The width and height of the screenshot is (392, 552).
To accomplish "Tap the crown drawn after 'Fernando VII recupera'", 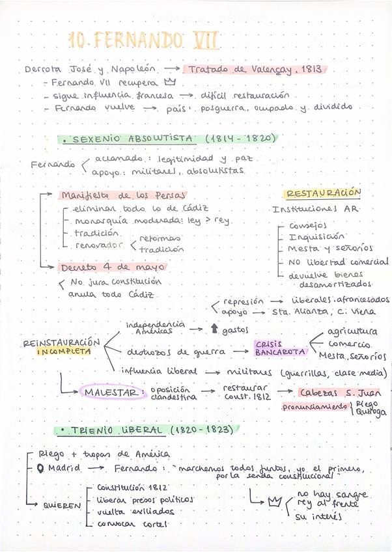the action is [x=171, y=83].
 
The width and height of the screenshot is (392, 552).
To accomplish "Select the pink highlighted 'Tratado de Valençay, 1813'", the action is [x=255, y=69].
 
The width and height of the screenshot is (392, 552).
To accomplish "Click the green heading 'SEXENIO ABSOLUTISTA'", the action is [x=133, y=139].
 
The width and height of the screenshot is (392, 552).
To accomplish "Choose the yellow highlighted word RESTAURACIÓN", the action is [x=323, y=193].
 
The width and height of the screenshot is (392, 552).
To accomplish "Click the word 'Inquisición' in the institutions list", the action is [x=316, y=237].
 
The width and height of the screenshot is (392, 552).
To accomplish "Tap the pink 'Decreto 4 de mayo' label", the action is [x=113, y=268].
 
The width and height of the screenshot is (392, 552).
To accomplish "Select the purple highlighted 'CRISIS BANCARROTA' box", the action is [x=280, y=348].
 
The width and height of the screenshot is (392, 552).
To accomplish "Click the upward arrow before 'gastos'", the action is [x=214, y=330].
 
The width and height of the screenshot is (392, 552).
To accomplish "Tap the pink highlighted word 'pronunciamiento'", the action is [x=314, y=407].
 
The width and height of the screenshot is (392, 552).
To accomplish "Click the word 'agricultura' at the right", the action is [x=352, y=331].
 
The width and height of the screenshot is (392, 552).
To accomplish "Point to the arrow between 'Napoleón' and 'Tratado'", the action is [x=172, y=68].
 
